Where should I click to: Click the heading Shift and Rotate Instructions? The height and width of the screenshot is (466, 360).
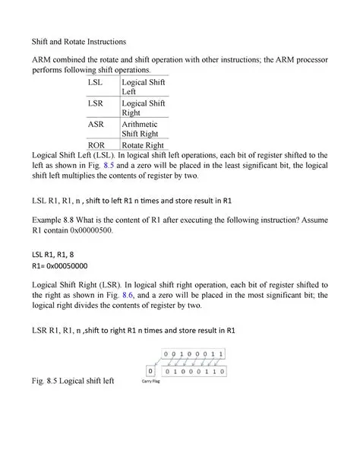(78, 40)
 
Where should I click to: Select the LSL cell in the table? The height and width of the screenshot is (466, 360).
(96, 80)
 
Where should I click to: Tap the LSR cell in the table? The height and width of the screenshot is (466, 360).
(96, 102)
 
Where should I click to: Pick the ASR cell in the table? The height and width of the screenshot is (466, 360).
(96, 124)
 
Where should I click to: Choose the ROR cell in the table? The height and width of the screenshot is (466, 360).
(96, 144)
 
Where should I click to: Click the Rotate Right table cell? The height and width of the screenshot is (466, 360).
(141, 144)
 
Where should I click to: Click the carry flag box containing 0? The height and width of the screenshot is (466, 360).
(151, 372)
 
